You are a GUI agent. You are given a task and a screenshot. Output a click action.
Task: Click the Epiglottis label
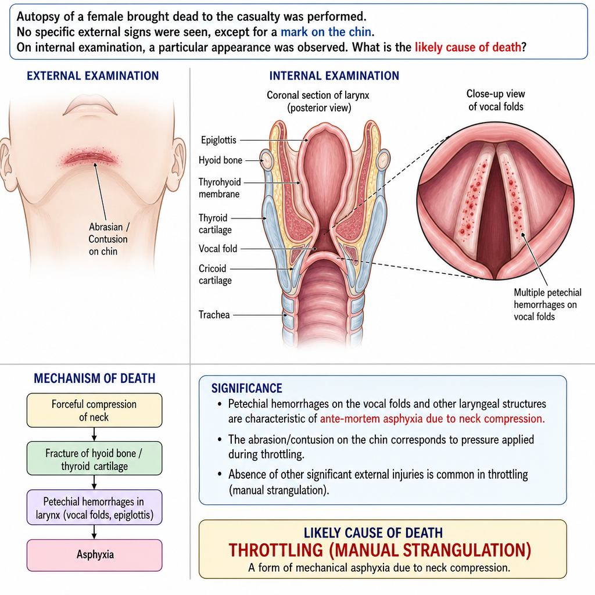tap(218, 140)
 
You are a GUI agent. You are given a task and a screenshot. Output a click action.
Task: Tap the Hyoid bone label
tap(220, 160)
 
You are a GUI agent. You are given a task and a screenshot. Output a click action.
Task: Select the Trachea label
tap(214, 314)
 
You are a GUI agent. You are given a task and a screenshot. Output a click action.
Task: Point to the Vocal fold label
tap(218, 249)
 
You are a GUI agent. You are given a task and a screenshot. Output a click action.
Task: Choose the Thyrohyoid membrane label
tap(220, 188)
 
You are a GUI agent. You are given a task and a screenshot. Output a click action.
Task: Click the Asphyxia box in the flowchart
tap(95, 555)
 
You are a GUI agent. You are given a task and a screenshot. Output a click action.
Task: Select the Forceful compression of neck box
tap(95, 410)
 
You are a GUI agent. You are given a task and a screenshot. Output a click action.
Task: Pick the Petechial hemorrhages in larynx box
tap(95, 507)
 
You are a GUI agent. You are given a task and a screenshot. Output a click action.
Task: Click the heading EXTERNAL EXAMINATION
tap(92, 76)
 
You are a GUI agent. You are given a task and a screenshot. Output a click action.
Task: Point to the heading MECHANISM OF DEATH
tap(95, 378)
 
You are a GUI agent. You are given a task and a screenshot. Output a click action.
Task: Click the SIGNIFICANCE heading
tap(246, 388)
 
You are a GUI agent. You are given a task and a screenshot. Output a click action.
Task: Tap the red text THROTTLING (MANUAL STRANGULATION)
tap(380, 550)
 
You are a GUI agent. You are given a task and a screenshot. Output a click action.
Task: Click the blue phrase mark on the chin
tap(326, 32)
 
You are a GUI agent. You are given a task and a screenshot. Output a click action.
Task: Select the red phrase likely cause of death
tap(468, 48)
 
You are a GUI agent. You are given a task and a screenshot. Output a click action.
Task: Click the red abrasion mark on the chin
tap(90, 159)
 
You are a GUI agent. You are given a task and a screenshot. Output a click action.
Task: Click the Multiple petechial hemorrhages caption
tap(547, 304)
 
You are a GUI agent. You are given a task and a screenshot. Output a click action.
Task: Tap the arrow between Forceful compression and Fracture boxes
tap(95, 435)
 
